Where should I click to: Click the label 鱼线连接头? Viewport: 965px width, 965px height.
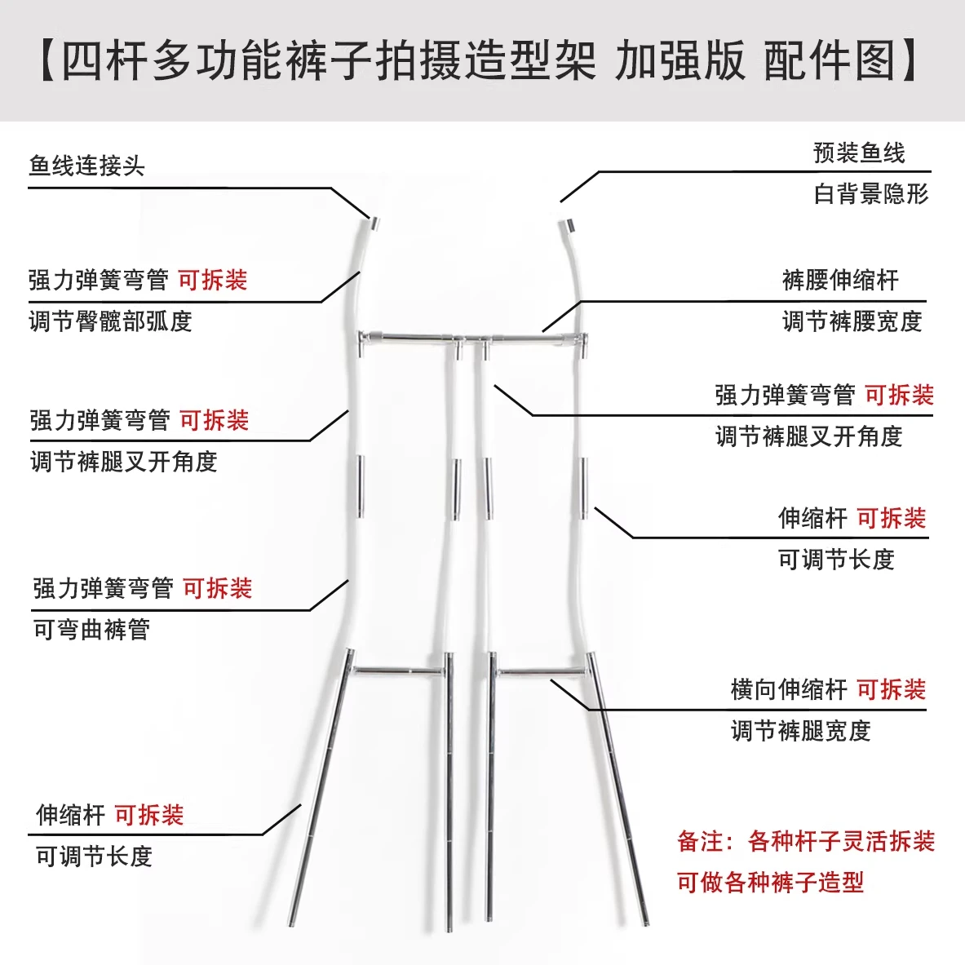click(x=86, y=166)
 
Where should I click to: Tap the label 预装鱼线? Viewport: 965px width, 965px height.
click(x=859, y=153)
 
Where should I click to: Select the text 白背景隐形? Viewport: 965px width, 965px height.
click(x=871, y=194)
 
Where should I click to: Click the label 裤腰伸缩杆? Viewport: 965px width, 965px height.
click(x=841, y=280)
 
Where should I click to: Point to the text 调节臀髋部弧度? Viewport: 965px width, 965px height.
click(x=111, y=321)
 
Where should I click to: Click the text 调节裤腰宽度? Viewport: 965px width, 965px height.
click(x=852, y=321)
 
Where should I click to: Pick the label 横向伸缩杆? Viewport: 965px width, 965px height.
click(x=789, y=690)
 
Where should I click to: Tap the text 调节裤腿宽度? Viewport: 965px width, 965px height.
click(x=801, y=731)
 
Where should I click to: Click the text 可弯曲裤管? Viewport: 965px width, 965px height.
click(x=91, y=630)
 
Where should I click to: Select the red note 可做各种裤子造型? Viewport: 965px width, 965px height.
click(x=771, y=883)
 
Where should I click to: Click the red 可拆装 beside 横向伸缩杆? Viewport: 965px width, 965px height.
click(x=891, y=690)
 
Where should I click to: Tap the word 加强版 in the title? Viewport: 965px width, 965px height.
click(x=680, y=60)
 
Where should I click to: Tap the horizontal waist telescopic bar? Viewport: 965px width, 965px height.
click(x=472, y=337)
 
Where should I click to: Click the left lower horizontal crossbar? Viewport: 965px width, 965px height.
click(x=398, y=671)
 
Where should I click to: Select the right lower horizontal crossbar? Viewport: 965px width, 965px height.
click(x=541, y=671)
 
